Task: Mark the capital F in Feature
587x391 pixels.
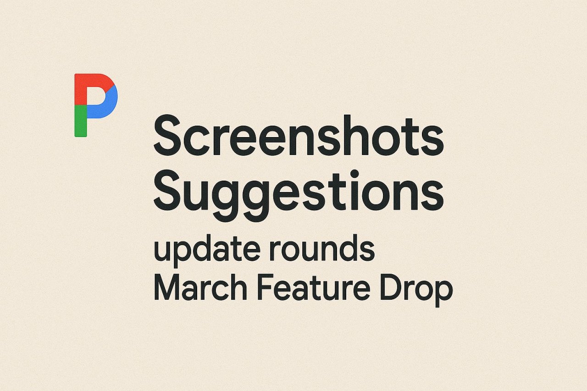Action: coord(263,289)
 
